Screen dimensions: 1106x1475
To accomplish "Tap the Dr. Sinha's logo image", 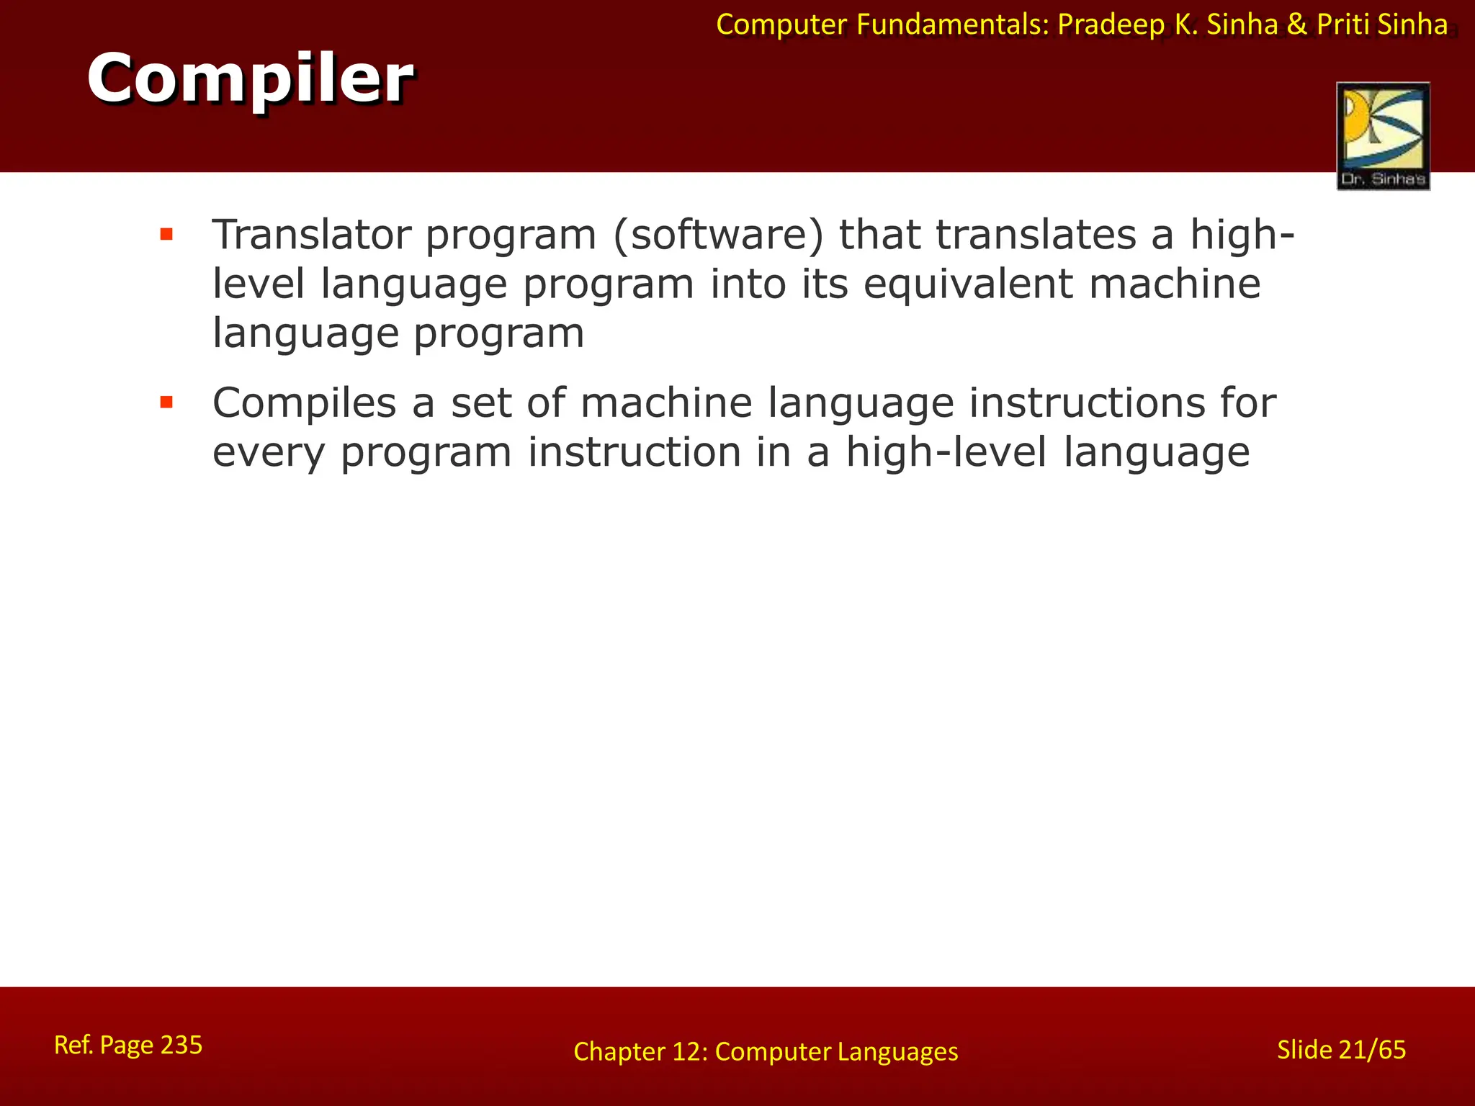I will pos(1383,136).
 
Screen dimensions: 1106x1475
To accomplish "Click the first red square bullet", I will pos(166,234).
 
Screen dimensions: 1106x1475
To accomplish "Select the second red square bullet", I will pos(166,402).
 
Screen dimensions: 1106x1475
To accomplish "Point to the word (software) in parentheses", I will pos(717,236).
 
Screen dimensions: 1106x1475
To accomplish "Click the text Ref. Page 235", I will pos(128,1045).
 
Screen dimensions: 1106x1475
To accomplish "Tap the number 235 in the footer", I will pos(181,1045).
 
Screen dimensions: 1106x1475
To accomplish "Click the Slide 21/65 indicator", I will pos(1341,1050).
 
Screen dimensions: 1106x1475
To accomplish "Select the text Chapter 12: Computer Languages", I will pos(766,1052).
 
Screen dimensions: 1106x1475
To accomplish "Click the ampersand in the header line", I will pos(1297,24).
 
